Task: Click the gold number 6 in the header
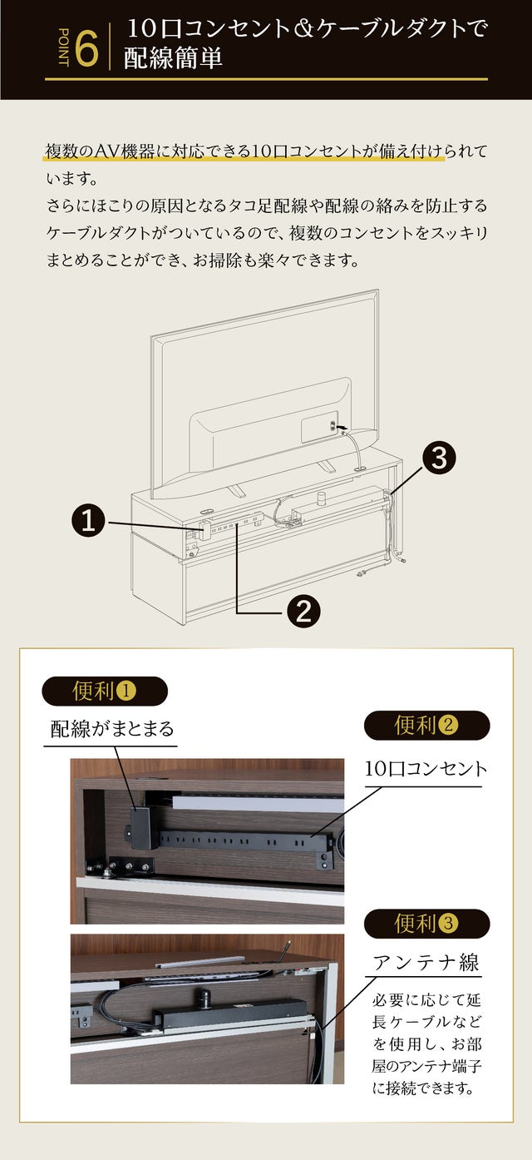point(86,50)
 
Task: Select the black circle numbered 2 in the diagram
point(303,612)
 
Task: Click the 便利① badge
point(105,691)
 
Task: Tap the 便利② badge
point(426,726)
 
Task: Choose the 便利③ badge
point(426,924)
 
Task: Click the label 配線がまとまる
point(112,730)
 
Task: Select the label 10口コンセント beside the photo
point(426,769)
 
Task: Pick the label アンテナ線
point(426,963)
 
